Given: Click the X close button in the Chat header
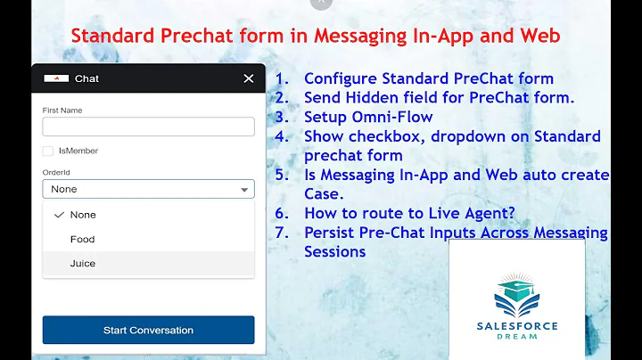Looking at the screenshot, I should pyautogui.click(x=248, y=78).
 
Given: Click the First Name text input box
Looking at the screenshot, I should pyautogui.click(x=148, y=127).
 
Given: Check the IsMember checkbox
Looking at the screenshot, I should pyautogui.click(x=47, y=151).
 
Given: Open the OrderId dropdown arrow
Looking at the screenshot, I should pyautogui.click(x=243, y=190).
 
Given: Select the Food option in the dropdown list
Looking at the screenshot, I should pyautogui.click(x=82, y=239).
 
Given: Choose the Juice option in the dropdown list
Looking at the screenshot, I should pyautogui.click(x=82, y=264).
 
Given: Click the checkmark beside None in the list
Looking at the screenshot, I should pyautogui.click(x=59, y=215).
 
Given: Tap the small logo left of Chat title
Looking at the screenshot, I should pyautogui.click(x=56, y=78).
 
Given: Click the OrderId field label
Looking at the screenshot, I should pyautogui.click(x=55, y=173).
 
